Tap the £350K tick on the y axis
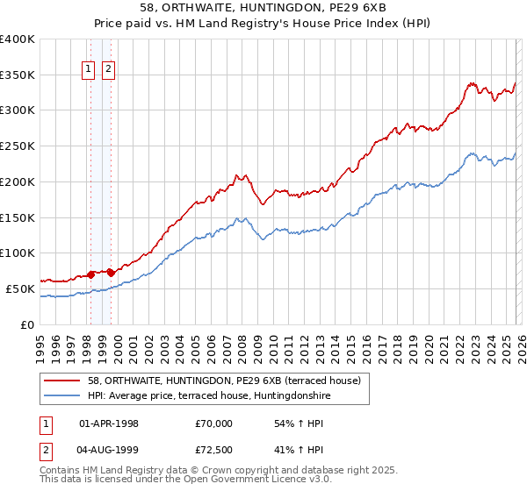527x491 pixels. (x=18, y=75)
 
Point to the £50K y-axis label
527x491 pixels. (x=20, y=288)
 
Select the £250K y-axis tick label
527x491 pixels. (x=18, y=146)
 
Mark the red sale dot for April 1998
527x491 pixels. (x=90, y=274)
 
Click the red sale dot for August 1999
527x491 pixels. (x=111, y=273)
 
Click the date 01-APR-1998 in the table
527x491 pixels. (x=109, y=423)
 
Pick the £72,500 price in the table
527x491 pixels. (x=214, y=449)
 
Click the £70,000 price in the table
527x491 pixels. (x=214, y=423)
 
